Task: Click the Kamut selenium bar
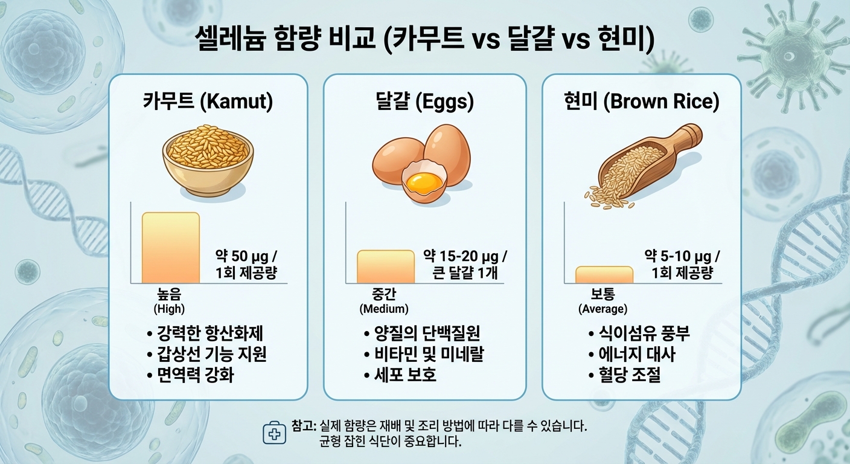[171, 248]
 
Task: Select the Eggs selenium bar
[386, 266]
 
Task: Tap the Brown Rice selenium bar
[604, 275]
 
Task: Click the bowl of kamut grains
[208, 161]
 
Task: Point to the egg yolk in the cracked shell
[424, 182]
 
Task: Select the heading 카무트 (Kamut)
[208, 101]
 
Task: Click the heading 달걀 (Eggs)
[424, 101]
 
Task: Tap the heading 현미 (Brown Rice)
[641, 101]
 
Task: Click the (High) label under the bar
[169, 309]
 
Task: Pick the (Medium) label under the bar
[384, 309]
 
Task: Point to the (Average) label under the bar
[602, 309]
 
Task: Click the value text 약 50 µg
[243, 256]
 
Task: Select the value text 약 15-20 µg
[461, 256]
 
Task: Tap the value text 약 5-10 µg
[678, 256]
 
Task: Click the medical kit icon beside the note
[274, 433]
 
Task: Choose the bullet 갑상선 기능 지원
[212, 354]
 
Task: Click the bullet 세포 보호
[405, 375]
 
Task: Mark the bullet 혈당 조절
[630, 375]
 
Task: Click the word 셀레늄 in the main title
[230, 39]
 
